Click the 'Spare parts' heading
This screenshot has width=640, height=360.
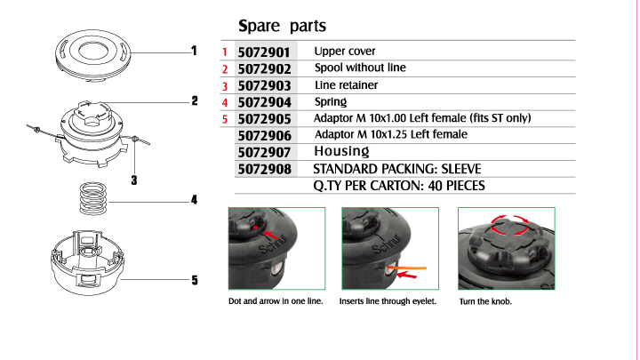[x=282, y=26]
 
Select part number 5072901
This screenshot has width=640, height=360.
[x=264, y=52]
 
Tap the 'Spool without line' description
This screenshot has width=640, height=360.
[x=360, y=68]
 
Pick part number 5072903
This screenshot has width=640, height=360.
[x=265, y=85]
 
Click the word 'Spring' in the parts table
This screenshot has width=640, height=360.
[x=331, y=101]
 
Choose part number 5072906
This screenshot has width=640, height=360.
[x=265, y=135]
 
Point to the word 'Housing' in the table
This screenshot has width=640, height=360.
[x=341, y=151]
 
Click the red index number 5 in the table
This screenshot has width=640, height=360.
[x=225, y=119]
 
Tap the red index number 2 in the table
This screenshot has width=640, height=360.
[x=225, y=69]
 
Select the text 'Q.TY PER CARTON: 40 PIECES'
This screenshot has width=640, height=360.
[x=399, y=186]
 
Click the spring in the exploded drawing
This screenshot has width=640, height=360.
[x=93, y=199]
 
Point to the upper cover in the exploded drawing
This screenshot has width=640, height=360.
[x=93, y=55]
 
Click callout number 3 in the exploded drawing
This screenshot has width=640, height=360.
[x=134, y=180]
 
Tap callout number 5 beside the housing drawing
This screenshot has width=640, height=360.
[x=195, y=280]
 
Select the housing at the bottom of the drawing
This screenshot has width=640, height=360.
[x=86, y=262]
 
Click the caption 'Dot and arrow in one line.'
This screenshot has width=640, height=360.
[x=276, y=301]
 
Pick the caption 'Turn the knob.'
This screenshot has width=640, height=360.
[x=485, y=301]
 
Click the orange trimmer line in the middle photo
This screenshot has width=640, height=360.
[x=406, y=268]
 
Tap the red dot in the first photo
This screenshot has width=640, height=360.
[x=255, y=228]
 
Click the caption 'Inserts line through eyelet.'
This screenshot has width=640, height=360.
[x=388, y=301]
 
